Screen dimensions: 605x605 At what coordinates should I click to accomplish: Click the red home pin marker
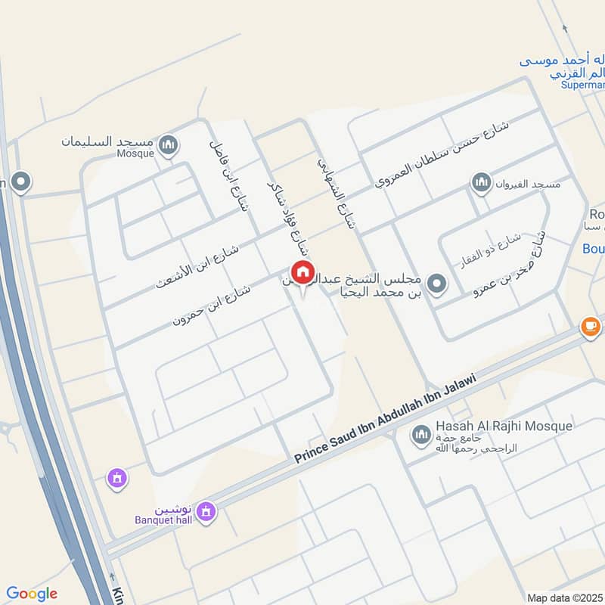[302, 271]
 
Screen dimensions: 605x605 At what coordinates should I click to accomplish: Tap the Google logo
[32, 594]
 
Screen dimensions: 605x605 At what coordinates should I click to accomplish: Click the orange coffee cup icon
[590, 327]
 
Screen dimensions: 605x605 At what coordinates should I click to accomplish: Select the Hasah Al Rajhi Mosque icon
[421, 435]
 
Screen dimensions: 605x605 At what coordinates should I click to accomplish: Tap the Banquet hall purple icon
[205, 514]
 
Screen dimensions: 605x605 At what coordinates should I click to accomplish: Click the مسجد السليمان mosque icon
[169, 144]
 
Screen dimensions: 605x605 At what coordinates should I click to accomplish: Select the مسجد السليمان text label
[110, 141]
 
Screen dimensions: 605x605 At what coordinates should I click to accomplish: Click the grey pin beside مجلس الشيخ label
[436, 284]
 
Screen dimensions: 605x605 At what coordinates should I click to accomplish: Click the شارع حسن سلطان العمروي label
[442, 154]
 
